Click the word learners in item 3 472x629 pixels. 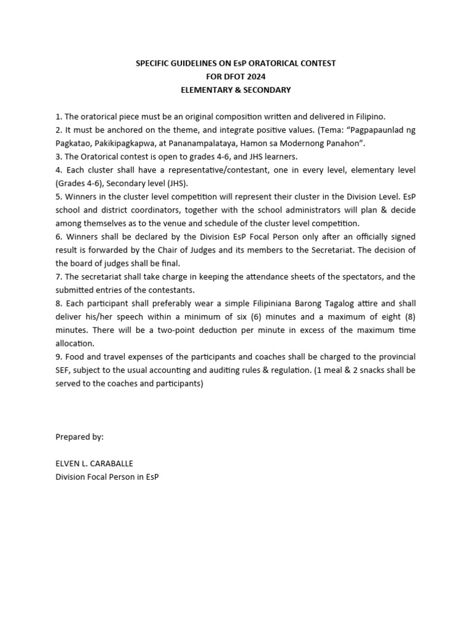[281, 157]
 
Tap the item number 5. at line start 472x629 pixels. [58, 197]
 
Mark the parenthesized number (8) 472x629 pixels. [407, 317]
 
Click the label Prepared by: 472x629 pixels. [79, 437]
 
